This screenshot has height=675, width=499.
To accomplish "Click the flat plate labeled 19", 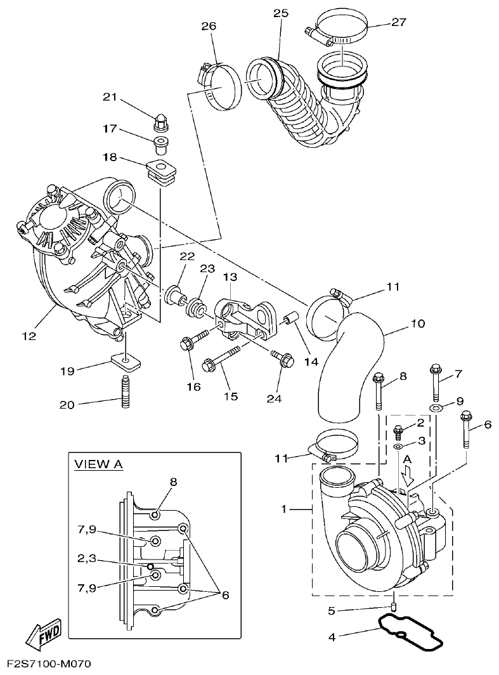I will click(126, 362).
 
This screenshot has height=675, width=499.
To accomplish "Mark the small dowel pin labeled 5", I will click(394, 606).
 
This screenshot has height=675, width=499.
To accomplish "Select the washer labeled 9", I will click(436, 407).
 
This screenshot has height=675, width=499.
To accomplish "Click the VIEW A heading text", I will click(98, 464).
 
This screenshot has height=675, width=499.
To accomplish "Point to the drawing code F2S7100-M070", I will click(46, 664).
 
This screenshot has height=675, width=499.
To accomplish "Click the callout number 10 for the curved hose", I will click(417, 324).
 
